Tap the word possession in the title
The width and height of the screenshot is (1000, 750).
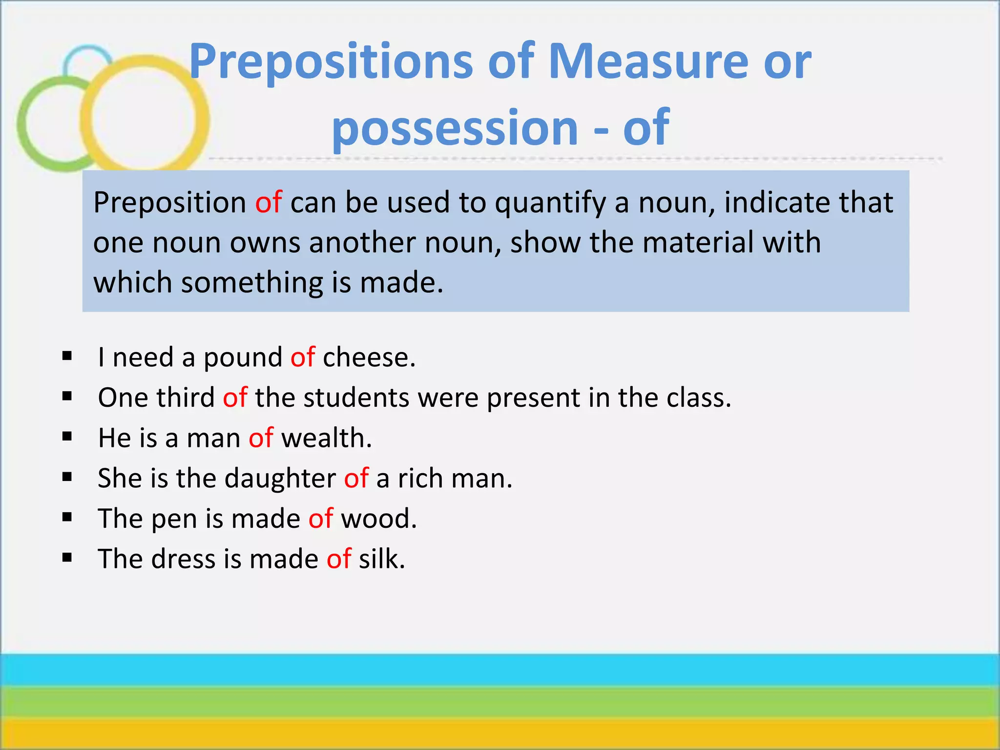455,128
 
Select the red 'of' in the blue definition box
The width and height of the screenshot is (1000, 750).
268,202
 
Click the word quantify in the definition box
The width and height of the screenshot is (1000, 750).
550,203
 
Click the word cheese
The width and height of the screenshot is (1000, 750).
369,357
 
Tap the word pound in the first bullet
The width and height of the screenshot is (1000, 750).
243,358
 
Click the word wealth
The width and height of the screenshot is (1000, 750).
326,437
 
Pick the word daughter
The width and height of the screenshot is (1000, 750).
280,478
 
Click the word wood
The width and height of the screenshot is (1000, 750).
378,518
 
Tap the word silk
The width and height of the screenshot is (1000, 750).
381,559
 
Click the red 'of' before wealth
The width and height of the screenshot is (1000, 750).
261,437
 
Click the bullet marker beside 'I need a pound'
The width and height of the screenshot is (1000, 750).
67,356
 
